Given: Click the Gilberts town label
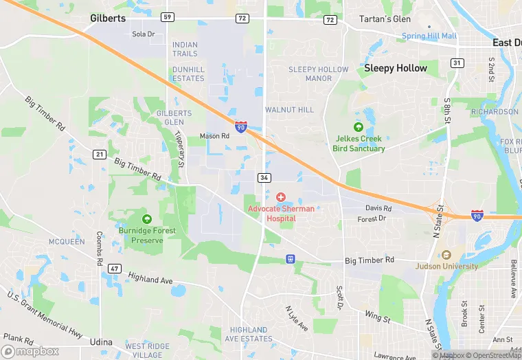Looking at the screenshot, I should click(x=108, y=19).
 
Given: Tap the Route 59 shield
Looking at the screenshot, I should click(x=168, y=16).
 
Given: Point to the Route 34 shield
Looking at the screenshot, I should click(x=264, y=177).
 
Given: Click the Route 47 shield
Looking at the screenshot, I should click(x=115, y=268).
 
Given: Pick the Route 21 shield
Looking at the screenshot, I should click(x=100, y=155).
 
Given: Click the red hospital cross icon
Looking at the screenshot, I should click(x=281, y=198).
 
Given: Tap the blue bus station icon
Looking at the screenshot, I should click(x=291, y=258).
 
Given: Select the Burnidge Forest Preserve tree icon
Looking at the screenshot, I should click(x=146, y=219).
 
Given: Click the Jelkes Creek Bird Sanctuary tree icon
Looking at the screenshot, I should click(x=357, y=127).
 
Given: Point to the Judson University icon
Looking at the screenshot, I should click(x=446, y=255).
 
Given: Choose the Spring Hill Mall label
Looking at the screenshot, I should click(x=429, y=36).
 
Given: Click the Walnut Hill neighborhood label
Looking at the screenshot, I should click(x=289, y=110).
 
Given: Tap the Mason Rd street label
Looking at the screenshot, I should click(x=214, y=136).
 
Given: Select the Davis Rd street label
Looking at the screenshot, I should click(x=378, y=208).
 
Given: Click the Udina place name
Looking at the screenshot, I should click(x=101, y=341).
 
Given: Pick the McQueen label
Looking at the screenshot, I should click(x=67, y=242).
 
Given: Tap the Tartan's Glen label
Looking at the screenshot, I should click(x=385, y=19).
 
